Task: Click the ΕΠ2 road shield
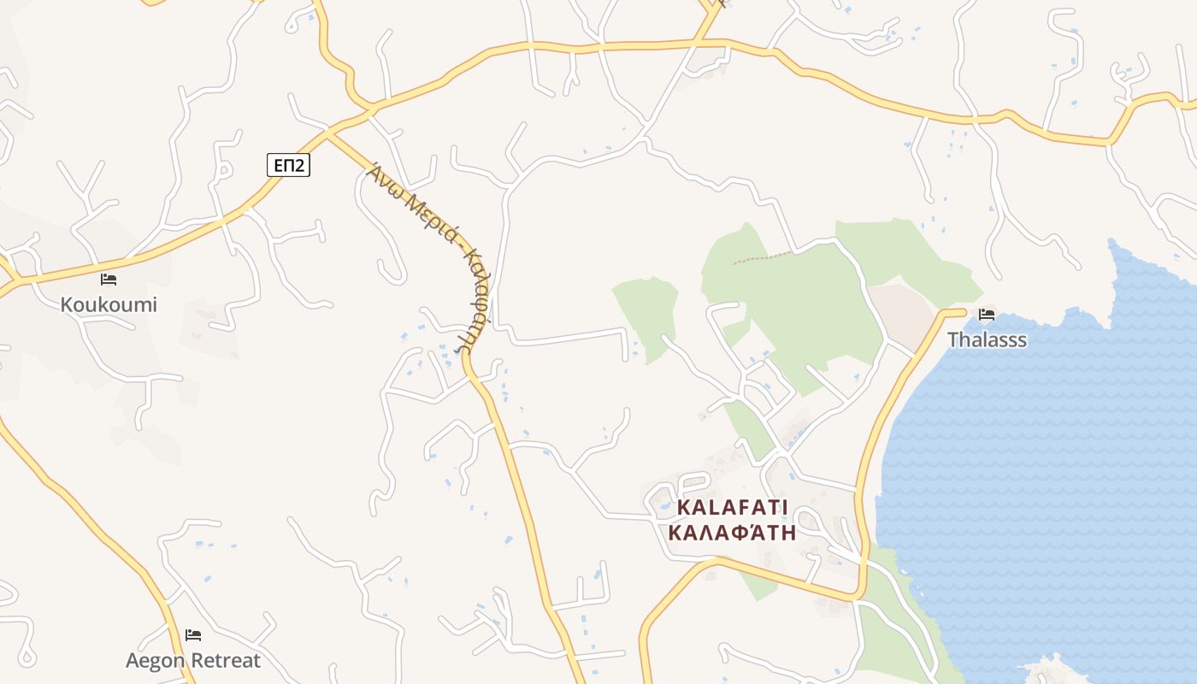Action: pyautogui.click(x=288, y=165)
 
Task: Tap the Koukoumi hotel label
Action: pyautogui.click(x=109, y=304)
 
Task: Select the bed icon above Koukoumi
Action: pyautogui.click(x=109, y=279)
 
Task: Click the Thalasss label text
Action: pyautogui.click(x=987, y=339)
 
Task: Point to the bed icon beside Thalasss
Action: pyautogui.click(x=987, y=315)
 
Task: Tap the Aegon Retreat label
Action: pyautogui.click(x=193, y=660)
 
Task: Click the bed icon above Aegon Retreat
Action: pyautogui.click(x=193, y=635)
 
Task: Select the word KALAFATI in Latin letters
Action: pyautogui.click(x=732, y=507)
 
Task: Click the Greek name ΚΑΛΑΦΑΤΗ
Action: pyautogui.click(x=732, y=534)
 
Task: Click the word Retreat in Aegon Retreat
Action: pyautogui.click(x=226, y=660)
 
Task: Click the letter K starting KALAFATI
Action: pyautogui.click(x=683, y=507)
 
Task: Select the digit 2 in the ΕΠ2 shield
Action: pyautogui.click(x=300, y=165)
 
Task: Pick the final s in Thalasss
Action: pyautogui.click(x=1022, y=339)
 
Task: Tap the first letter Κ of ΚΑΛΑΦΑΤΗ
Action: pyautogui.click(x=675, y=534)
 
